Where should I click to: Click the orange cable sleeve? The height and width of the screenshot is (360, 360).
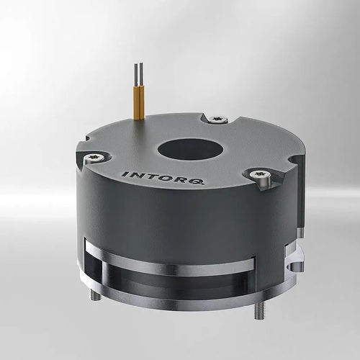pos(138,101)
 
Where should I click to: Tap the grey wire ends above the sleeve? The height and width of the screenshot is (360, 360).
pos(138,73)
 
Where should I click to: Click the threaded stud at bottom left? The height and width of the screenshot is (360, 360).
pos(95,294)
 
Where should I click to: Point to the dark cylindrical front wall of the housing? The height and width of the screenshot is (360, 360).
pos(180,223)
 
